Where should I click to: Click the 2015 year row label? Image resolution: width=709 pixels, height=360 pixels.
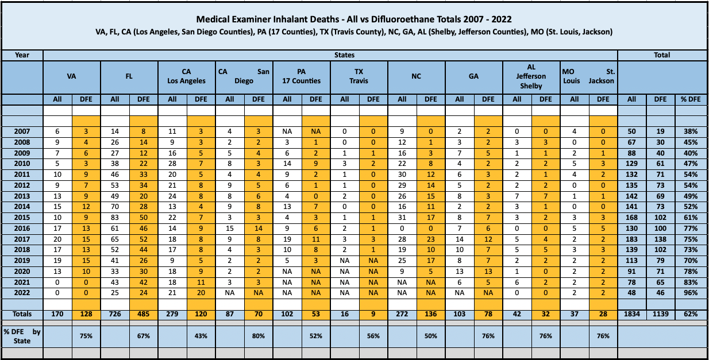point(22,218)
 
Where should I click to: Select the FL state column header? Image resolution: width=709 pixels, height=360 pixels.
point(129,76)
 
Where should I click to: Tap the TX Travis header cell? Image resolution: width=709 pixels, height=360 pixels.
point(359,76)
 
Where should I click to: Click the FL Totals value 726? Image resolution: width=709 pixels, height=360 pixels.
point(114,314)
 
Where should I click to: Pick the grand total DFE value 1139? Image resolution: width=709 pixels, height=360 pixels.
point(661,314)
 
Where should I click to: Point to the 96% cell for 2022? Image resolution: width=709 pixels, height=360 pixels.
point(691,293)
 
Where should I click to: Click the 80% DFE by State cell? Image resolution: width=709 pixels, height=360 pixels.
point(259,336)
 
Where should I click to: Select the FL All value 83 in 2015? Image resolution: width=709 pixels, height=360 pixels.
point(114,218)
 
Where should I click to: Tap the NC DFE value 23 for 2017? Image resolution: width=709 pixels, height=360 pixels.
point(430,239)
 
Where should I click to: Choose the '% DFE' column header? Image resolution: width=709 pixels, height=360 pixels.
point(691,99)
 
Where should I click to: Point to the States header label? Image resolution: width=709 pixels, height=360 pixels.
point(344,55)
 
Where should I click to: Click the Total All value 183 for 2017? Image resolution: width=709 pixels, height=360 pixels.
point(631,239)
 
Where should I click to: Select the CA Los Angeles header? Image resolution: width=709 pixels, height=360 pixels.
point(186,76)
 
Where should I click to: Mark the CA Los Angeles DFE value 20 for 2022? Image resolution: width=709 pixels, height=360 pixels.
point(201,293)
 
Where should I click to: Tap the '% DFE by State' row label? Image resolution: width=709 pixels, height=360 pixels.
point(22,336)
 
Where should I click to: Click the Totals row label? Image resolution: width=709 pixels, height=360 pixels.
point(22,314)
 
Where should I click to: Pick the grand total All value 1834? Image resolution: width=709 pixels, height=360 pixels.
point(631,314)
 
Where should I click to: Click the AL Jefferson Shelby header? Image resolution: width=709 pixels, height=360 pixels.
point(531,76)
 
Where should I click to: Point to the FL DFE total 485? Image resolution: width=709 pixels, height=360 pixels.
point(144,314)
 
